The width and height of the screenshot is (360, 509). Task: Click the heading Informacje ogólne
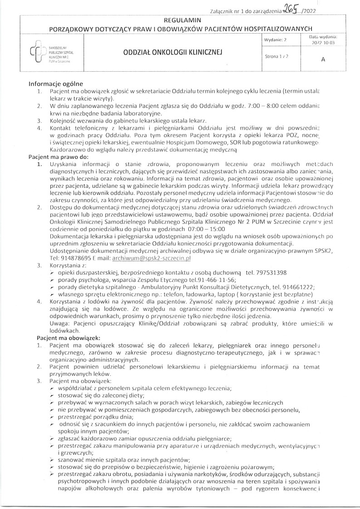(x=55, y=84)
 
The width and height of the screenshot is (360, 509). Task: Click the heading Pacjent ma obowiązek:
(x=68, y=338)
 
